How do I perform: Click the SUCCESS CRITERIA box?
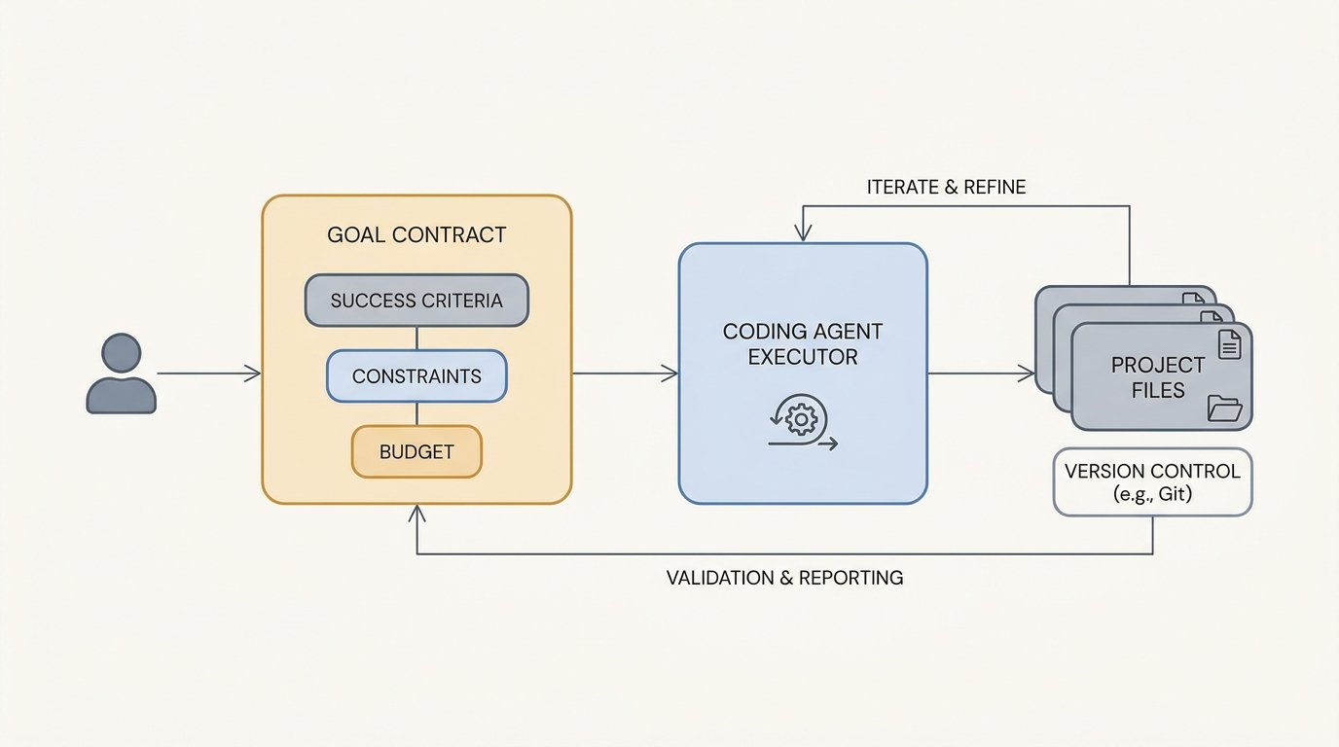point(416,300)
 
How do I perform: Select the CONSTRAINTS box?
point(416,375)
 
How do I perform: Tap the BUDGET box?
point(416,451)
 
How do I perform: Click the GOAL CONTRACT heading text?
point(416,234)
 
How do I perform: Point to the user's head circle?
point(122,352)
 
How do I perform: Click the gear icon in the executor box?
point(801,419)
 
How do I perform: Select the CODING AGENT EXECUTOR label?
point(803,344)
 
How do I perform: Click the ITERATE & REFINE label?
point(946,187)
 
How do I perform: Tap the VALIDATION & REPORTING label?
point(785,578)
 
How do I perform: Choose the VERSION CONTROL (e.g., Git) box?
point(1152,481)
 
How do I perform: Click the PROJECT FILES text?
point(1158,377)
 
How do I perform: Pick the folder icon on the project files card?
point(1225,409)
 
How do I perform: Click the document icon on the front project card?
point(1230,344)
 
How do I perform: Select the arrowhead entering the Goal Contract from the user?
point(253,373)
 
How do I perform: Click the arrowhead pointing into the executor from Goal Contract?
point(670,373)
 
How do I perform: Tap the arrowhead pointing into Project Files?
point(1027,373)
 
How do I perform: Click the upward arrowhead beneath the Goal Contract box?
point(416,513)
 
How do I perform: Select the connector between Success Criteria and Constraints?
point(416,338)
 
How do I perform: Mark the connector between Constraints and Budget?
point(416,413)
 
